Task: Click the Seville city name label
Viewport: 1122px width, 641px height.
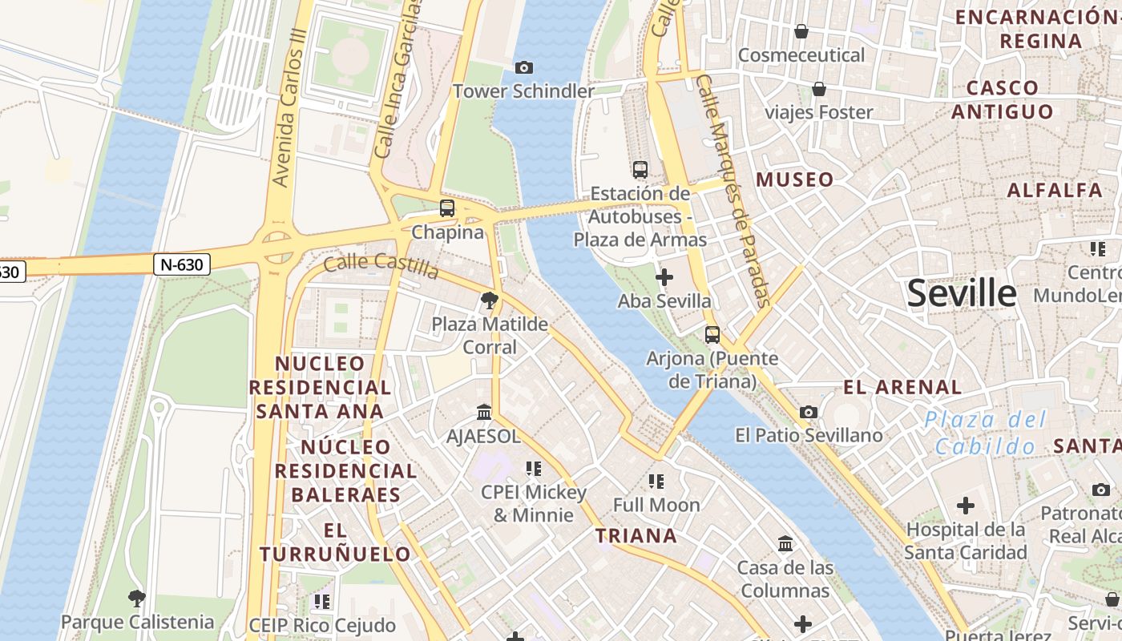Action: [x=962, y=293]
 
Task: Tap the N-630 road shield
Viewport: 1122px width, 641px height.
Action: [x=182, y=264]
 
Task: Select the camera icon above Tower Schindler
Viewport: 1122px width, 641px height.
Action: [x=523, y=68]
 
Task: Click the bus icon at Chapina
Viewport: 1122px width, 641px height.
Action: [x=447, y=208]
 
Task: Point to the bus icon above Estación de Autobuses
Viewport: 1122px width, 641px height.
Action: [x=640, y=170]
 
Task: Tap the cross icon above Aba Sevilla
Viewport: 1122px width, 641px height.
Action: [x=664, y=278]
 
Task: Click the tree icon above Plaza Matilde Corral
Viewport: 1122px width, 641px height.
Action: [x=489, y=301]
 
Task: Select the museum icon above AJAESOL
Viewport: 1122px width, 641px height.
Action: [x=484, y=412]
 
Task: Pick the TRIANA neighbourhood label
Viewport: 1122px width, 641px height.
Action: [x=636, y=536]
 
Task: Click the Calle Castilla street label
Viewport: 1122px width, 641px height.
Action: [x=381, y=266]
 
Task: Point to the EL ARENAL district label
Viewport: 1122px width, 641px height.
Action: [x=902, y=388]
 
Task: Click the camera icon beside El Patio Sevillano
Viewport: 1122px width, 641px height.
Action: [x=809, y=412]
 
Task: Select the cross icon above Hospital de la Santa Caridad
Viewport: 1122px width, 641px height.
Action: [x=966, y=506]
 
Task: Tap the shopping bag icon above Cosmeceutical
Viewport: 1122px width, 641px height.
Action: [x=801, y=31]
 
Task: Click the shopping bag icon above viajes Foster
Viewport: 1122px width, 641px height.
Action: [x=818, y=88]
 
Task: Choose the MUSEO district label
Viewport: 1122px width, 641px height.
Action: [x=795, y=179]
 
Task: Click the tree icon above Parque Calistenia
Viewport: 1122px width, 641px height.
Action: [x=137, y=598]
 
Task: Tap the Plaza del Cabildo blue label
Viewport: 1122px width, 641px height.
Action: [x=985, y=433]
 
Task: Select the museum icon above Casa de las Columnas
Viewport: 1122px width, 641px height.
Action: [x=785, y=544]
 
